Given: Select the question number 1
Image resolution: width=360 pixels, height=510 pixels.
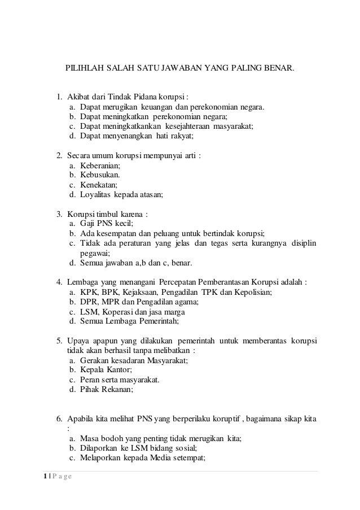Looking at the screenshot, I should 58,95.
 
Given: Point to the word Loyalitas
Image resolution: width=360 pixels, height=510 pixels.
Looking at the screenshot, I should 96,195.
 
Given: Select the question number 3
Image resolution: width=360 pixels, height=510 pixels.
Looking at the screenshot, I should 58,215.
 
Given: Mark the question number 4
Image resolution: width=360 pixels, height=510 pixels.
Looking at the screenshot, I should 58,282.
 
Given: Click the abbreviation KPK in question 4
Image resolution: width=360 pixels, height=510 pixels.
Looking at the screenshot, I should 87,293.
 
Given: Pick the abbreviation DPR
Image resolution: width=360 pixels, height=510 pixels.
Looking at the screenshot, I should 88,303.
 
